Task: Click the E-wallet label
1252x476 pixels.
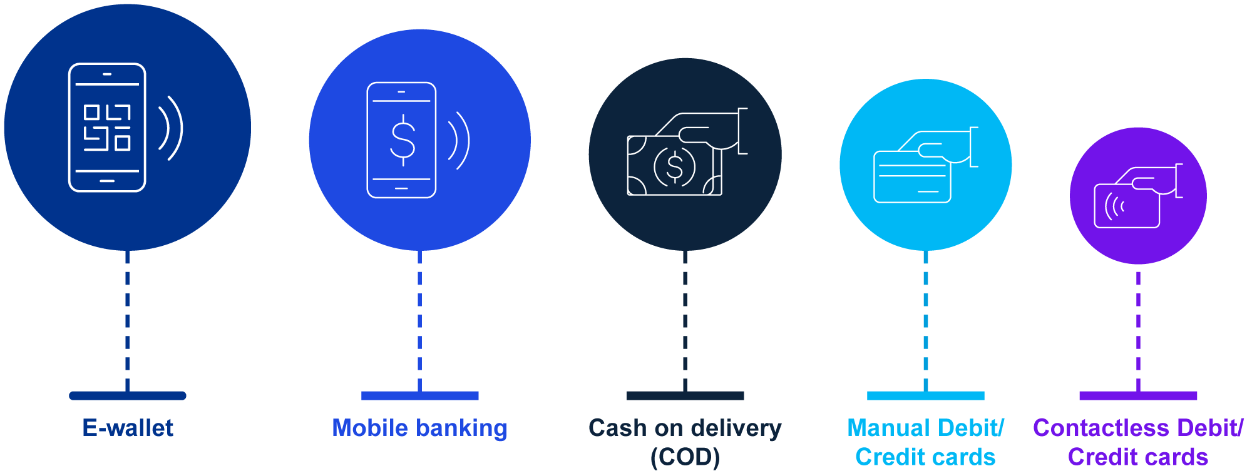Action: tap(128, 428)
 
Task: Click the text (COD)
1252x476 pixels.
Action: tap(685, 457)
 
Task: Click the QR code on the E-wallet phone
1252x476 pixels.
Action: tap(107, 128)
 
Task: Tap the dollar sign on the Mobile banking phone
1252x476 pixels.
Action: tap(403, 139)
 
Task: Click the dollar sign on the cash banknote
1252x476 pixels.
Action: tap(675, 166)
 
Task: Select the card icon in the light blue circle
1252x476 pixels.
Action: tap(912, 176)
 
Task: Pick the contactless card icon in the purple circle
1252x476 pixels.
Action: tap(1127, 205)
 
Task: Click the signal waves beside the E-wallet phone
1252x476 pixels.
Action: tap(171, 128)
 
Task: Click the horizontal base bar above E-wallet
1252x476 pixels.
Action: tap(128, 395)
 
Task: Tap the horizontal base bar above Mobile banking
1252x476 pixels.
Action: tap(419, 395)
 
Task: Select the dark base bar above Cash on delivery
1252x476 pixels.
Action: tap(685, 395)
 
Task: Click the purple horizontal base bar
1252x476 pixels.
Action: tap(1138, 395)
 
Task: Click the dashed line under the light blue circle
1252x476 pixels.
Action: tap(926, 319)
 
